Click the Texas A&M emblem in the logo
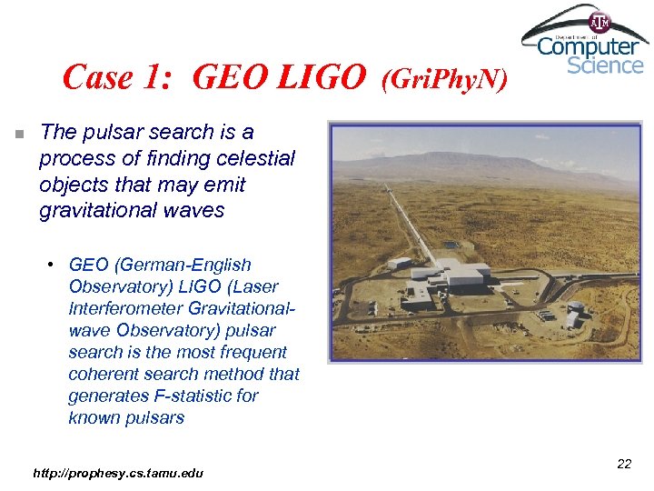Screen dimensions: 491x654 click(600, 22)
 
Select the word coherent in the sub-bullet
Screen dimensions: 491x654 click(103, 375)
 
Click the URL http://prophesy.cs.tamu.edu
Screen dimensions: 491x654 click(118, 473)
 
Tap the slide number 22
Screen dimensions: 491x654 click(623, 465)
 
